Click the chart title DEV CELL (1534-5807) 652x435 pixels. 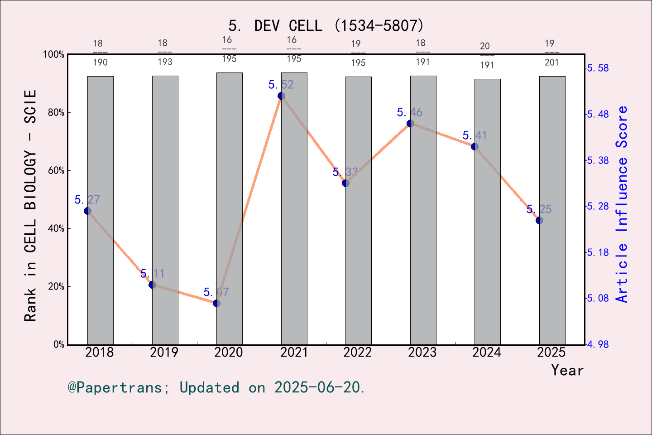point(326,26)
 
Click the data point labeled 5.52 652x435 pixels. point(281,96)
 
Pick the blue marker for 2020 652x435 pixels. point(216,303)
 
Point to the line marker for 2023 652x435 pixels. point(410,123)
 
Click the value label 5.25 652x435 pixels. point(539,209)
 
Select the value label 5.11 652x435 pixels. point(152,274)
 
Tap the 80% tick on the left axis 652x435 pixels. point(56,113)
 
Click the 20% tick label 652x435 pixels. point(56,287)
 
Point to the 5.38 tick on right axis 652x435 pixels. point(598,160)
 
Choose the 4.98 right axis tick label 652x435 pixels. point(598,344)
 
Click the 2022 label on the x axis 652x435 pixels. point(358,353)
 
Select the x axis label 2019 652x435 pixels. point(164,353)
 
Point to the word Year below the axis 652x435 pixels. point(567,370)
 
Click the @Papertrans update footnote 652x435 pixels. point(216,387)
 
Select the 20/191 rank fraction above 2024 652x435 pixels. point(487,55)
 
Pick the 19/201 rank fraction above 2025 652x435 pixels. point(551,53)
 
